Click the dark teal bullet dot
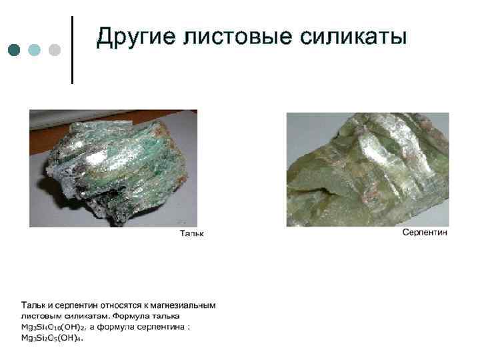15,50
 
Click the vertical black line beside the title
72,50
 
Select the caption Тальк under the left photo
192,233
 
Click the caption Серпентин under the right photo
425,232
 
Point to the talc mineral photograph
113,168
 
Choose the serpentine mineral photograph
367,169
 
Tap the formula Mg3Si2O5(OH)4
51,339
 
